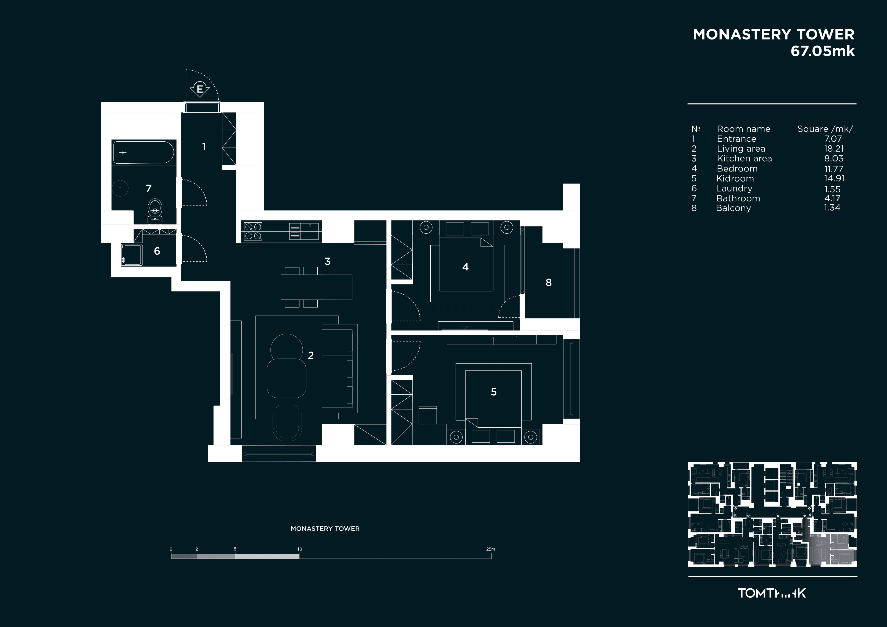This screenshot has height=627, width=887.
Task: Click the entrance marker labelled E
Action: coord(200,90)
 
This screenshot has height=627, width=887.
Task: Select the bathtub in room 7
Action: coord(143,153)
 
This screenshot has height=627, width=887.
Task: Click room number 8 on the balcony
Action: coord(549,283)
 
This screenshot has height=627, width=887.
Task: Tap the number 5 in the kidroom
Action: coord(494,392)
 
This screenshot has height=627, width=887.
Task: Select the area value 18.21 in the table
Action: coord(834,149)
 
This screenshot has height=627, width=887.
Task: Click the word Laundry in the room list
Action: coord(734,189)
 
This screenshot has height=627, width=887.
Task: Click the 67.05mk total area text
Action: coord(823,51)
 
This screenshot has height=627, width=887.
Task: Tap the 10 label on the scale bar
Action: coord(299,549)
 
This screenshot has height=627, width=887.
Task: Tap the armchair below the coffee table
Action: coord(287,423)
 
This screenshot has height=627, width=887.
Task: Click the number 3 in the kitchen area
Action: coord(328,262)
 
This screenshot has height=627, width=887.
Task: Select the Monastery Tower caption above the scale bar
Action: coord(325,529)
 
